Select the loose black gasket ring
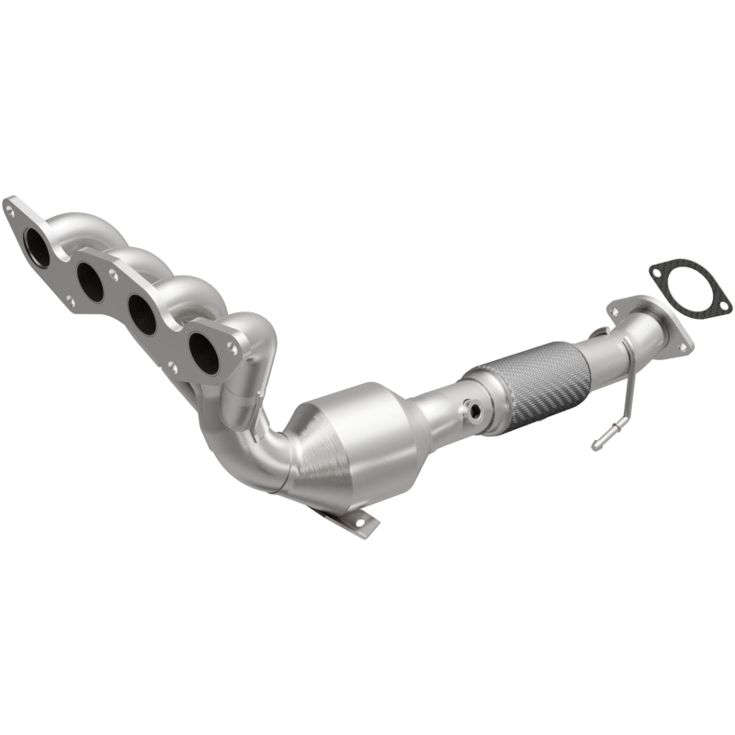[688, 285]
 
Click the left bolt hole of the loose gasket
[656, 270]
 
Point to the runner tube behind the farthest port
[78, 225]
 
